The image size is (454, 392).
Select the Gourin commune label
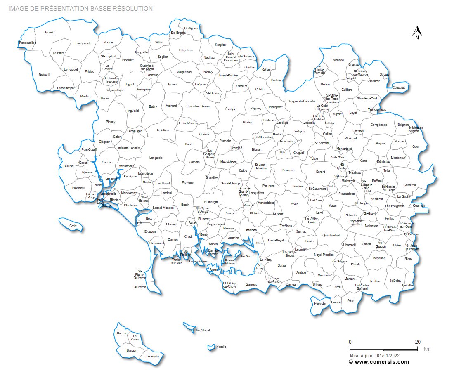[50, 32]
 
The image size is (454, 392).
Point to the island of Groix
[73, 226]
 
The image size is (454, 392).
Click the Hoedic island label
[221, 347]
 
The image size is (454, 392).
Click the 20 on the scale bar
[418, 342]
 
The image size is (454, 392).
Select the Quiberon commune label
[140, 287]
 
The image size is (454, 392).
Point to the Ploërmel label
[350, 138]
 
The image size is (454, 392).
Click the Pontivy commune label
[208, 72]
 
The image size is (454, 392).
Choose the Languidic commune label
[156, 158]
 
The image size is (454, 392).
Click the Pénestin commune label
[320, 303]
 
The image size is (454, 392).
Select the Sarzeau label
[251, 284]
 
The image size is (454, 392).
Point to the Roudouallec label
[28, 43]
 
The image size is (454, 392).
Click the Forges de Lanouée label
[302, 101]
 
